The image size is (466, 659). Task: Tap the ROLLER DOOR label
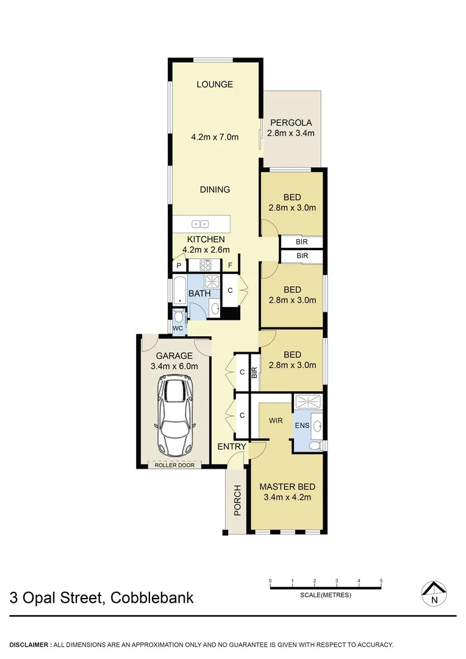click(x=174, y=465)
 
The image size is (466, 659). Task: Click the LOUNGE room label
click(x=215, y=84)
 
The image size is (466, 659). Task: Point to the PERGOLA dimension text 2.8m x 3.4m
click(x=291, y=134)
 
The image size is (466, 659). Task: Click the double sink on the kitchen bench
click(x=201, y=223)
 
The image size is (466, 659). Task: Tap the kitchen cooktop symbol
click(x=206, y=265)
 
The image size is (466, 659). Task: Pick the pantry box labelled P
click(x=179, y=265)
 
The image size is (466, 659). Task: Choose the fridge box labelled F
click(x=231, y=265)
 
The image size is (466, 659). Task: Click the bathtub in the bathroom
click(x=179, y=291)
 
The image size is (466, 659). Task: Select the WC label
click(x=178, y=328)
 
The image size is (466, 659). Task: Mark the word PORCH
click(x=237, y=500)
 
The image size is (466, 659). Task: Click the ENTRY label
click(x=232, y=447)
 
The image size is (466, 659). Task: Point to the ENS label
click(x=301, y=425)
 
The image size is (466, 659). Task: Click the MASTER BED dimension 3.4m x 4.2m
click(x=287, y=497)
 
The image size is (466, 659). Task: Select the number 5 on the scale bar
click(x=381, y=580)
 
